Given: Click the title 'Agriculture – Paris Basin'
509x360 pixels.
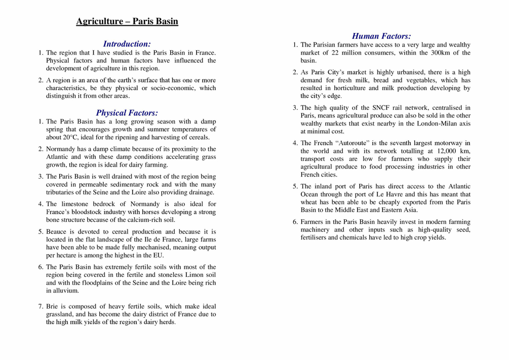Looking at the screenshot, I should coord(127,21).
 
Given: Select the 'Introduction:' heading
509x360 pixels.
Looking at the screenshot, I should coord(127,44).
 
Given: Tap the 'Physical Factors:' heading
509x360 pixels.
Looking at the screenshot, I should coord(127,113).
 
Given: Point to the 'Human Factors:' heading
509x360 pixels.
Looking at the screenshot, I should coord(381,36).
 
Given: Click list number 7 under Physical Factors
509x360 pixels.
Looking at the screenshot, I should coord(41,306).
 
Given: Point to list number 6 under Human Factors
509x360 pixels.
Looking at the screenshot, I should coord(295,222).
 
